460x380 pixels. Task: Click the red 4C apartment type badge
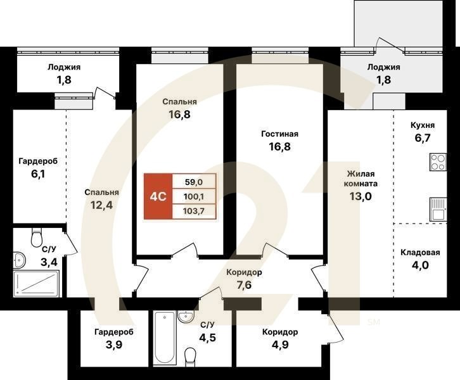pos(158,196)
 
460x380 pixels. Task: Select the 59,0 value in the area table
pos(194,182)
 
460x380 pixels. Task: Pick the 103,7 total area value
pos(194,211)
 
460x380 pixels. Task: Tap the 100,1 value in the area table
pos(194,196)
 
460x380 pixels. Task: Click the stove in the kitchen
pos(438,162)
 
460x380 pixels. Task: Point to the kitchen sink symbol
pos(438,210)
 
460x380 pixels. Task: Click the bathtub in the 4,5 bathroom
pos(164,338)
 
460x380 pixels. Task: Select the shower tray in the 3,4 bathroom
pos(36,283)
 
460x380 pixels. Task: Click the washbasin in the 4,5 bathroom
pos(186,317)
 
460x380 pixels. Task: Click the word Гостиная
pos(279,134)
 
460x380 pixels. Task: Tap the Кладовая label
pos(420,253)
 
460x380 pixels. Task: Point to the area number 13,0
pos(361,196)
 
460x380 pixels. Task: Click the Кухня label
pos(423,125)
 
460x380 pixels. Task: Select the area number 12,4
pos(101,205)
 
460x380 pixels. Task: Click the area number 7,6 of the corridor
pos(244,285)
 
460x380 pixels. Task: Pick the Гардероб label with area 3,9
pos(114,332)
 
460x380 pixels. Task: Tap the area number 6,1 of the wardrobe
pos(38,174)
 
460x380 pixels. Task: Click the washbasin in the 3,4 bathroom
pos(20,260)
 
